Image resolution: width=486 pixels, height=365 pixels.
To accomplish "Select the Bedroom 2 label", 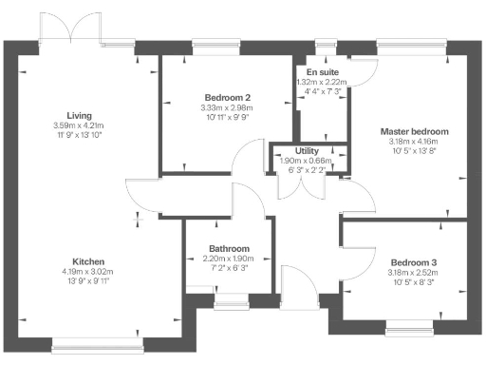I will tap(227, 98).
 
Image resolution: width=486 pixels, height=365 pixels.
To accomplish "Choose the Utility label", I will tap(307, 151).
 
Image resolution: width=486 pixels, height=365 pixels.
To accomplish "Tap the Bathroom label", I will tap(229, 249).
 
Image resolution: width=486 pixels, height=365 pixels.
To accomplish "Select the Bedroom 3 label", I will tap(413, 261).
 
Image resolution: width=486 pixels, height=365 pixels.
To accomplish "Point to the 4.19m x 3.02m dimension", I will tap(92, 272).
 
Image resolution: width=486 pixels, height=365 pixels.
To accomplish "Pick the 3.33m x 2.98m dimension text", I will tap(227, 107).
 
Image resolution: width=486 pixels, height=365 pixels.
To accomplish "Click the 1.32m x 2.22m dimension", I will tap(323, 82).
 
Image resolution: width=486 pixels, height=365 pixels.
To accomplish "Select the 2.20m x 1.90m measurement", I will tap(229, 259).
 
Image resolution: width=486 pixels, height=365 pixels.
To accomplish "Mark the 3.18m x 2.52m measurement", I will tap(413, 272).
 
